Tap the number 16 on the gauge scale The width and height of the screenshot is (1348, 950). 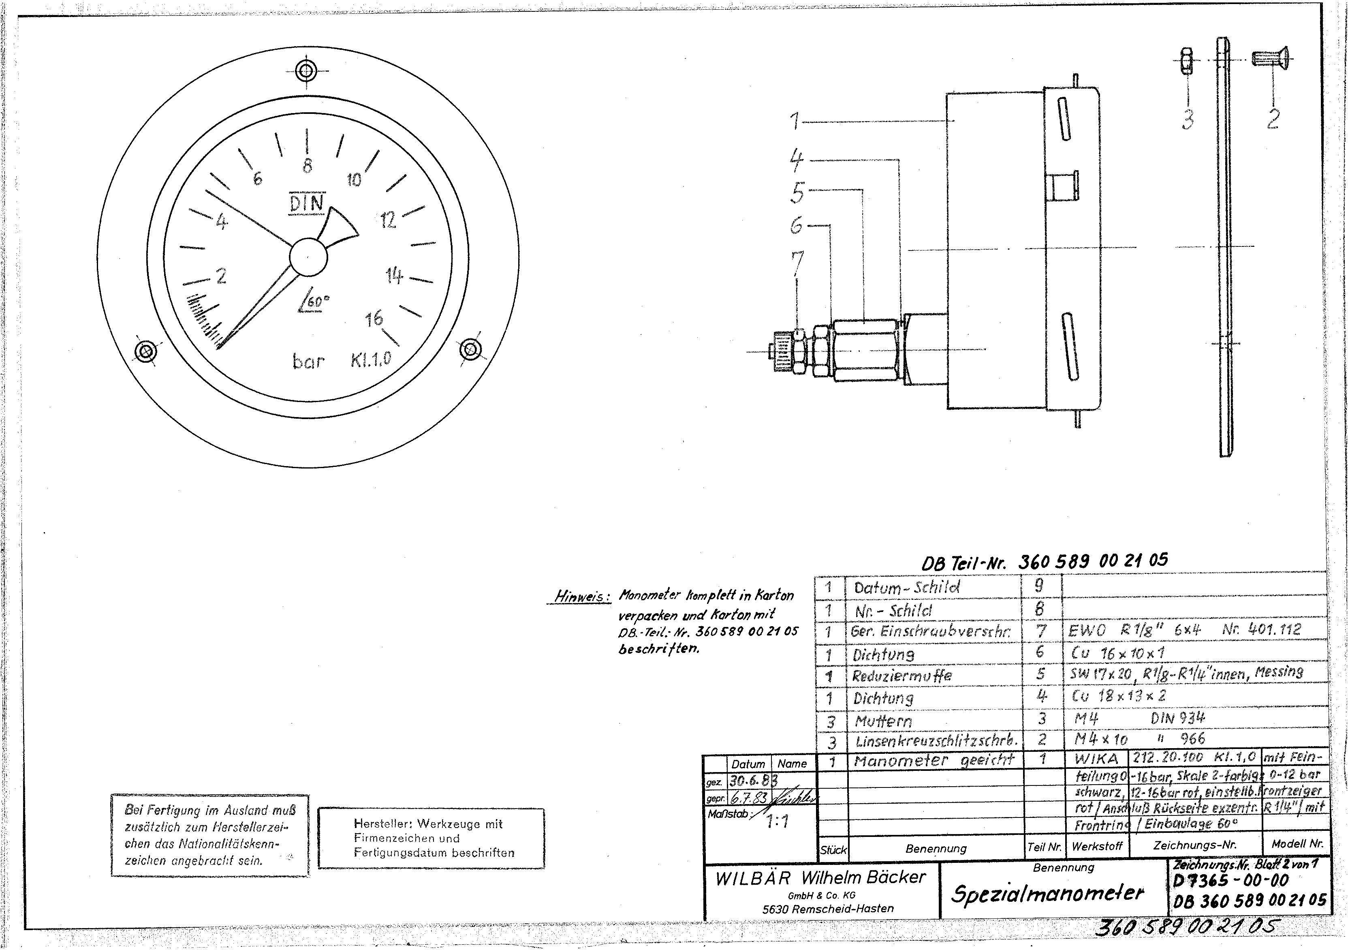[374, 319]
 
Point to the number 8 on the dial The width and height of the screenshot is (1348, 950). [307, 167]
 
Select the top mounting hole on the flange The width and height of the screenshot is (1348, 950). [306, 72]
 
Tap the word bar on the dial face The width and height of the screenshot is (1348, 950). [308, 361]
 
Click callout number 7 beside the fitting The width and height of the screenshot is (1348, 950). [797, 263]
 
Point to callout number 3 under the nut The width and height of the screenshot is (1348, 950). [1188, 119]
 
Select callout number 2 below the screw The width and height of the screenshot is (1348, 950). [1272, 119]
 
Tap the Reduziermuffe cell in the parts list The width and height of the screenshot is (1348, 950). [902, 676]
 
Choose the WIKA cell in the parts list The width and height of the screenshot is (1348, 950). [1096, 758]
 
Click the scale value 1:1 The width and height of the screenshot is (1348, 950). [777, 822]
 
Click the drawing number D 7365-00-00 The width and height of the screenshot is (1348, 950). [1231, 881]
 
